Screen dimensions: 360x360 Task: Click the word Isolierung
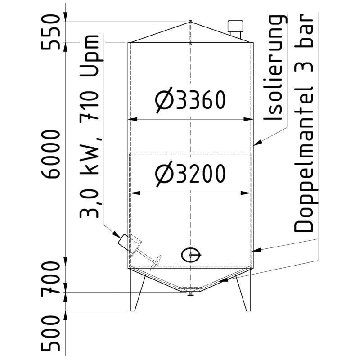click(x=274, y=67)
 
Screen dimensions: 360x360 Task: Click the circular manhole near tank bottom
click(x=190, y=255)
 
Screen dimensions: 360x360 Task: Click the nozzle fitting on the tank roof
click(x=235, y=28)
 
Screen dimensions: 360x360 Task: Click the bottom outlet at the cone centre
click(x=191, y=294)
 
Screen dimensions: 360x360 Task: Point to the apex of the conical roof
click(x=191, y=22)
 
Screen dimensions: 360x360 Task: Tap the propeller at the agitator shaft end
click(x=158, y=260)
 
